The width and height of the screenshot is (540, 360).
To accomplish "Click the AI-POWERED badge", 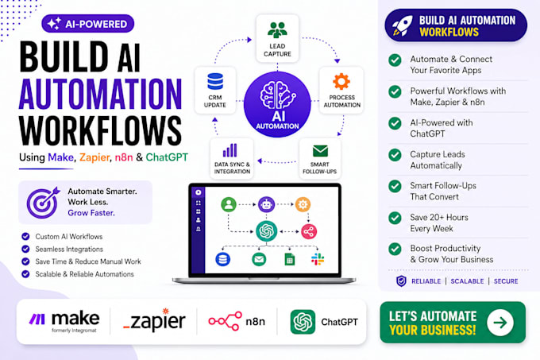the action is (x=88, y=24).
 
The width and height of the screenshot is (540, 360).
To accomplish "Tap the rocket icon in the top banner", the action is (x=403, y=25).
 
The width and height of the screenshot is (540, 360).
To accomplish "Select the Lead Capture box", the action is (x=277, y=38).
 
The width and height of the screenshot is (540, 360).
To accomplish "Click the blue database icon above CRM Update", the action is (x=215, y=82).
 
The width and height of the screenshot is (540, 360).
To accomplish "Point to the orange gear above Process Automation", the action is (x=341, y=82).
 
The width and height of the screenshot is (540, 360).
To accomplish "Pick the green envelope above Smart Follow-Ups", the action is (x=320, y=151).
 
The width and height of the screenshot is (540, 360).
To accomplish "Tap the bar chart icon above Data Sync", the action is (x=229, y=150).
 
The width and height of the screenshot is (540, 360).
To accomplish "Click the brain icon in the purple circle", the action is (x=278, y=95).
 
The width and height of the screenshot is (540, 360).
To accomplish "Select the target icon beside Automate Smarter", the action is (x=43, y=203).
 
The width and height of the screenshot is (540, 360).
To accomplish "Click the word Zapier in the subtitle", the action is (x=94, y=157).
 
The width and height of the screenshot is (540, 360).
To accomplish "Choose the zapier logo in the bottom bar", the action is (x=154, y=320).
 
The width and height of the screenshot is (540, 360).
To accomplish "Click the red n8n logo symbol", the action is (x=226, y=321).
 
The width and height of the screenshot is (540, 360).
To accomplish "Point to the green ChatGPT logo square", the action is (x=303, y=322).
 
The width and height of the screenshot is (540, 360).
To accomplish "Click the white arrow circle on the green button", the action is (x=500, y=323).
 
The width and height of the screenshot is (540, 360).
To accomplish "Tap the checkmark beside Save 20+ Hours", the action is (x=395, y=218).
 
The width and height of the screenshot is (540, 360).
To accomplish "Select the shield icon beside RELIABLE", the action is (x=401, y=281).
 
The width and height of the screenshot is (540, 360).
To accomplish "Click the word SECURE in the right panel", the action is (x=506, y=281).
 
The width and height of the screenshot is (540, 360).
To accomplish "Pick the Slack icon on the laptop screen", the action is (x=317, y=259).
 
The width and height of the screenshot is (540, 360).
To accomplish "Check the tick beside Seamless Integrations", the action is (x=25, y=249).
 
